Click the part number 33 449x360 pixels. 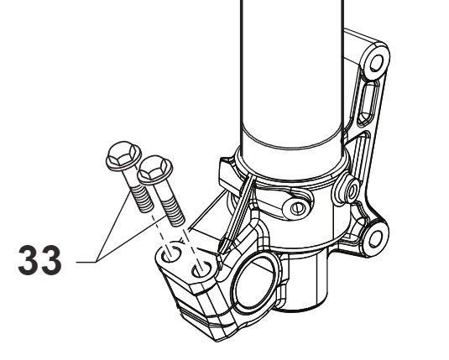tap(39, 260)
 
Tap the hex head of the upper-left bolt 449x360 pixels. tap(123, 155)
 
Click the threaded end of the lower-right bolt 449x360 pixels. tap(173, 212)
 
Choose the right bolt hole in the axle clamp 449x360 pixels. tap(203, 269)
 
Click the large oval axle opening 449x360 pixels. tap(254, 283)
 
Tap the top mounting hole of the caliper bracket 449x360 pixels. tap(376, 64)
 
